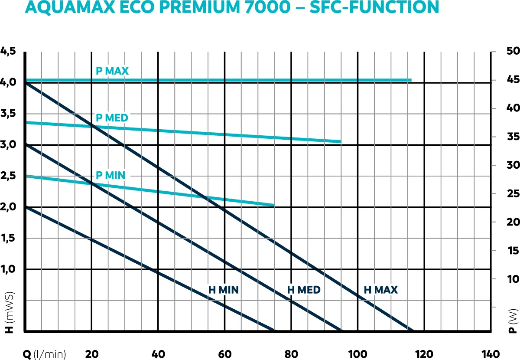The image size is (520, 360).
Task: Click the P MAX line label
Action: point(112,71)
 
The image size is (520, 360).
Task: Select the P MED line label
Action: point(112,118)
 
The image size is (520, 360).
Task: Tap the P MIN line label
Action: point(110,175)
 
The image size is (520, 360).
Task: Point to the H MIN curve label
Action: point(224,290)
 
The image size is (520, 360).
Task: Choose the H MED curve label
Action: point(304,290)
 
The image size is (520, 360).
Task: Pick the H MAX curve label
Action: point(381,290)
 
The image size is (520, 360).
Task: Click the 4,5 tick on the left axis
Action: point(8,51)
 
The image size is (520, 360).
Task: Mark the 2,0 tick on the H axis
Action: point(8,207)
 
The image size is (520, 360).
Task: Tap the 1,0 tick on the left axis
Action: point(8,269)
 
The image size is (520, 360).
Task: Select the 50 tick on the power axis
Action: point(513,51)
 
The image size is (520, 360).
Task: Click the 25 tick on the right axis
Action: point(513,193)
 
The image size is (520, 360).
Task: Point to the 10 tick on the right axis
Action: point(513,278)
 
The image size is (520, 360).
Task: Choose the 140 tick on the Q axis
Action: point(490,354)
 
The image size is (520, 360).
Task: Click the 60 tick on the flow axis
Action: point(224,354)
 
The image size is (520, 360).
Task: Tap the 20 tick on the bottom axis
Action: point(91,354)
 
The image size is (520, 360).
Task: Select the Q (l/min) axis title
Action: point(45,354)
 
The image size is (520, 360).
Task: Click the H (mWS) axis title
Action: point(9,312)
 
